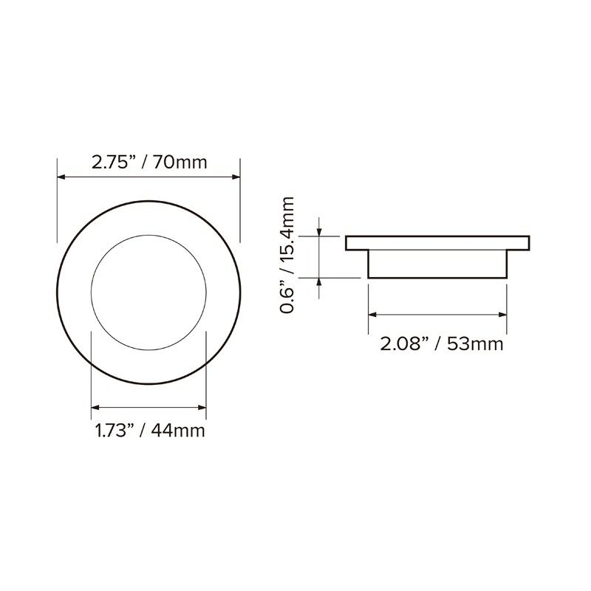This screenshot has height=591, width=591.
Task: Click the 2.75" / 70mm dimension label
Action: [x=149, y=163]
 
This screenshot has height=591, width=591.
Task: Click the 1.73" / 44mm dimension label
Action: [x=149, y=431]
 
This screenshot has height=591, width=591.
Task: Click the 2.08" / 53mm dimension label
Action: [x=442, y=344]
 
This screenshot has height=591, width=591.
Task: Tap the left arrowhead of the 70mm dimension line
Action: [x=61, y=177]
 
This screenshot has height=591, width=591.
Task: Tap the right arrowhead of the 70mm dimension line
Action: [x=236, y=177]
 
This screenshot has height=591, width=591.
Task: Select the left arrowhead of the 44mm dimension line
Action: [x=95, y=407]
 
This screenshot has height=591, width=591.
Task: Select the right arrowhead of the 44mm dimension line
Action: [x=202, y=407]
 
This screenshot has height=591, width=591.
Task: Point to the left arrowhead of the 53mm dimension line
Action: [x=372, y=315]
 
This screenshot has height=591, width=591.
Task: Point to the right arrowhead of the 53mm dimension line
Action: [x=503, y=315]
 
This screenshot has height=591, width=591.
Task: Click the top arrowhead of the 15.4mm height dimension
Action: [x=320, y=232]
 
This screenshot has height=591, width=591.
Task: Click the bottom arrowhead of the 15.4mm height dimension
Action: [x=320, y=282]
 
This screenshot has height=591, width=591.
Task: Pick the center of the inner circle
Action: [x=148, y=293]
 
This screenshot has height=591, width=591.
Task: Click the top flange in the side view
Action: [x=438, y=243]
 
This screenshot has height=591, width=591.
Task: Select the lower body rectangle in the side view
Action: [x=438, y=264]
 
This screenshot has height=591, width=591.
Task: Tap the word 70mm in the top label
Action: [x=180, y=163]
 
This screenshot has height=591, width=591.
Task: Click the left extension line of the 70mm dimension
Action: [x=57, y=199]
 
